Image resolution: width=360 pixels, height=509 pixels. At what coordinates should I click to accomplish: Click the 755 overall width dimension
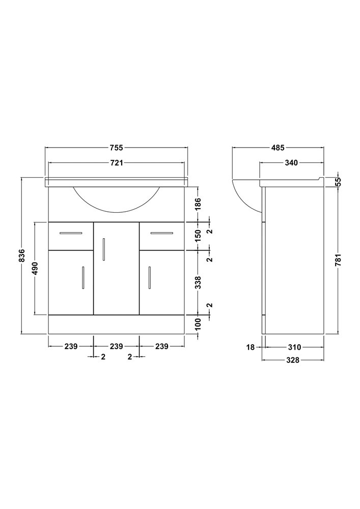[x=117, y=148]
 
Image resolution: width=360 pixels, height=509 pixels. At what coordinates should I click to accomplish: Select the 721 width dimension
[x=117, y=163]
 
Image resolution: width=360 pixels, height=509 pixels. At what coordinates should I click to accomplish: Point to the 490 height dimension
[x=35, y=268]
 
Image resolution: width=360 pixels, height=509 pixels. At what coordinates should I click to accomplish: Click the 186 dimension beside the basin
[x=199, y=204]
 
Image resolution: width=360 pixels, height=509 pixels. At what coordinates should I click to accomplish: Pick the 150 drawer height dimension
[x=199, y=236]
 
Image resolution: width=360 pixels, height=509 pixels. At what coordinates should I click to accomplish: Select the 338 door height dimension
[x=199, y=282]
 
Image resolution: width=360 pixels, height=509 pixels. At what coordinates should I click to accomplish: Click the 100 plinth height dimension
[x=199, y=324]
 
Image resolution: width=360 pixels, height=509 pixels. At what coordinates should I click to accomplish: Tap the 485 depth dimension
[x=278, y=148]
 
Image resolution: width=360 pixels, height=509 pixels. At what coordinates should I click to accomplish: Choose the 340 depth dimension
[x=291, y=163]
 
